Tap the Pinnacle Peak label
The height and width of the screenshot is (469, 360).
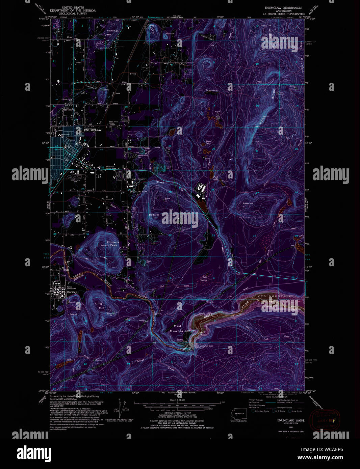pyautogui.click(x=113, y=244)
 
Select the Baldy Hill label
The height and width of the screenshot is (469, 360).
pyautogui.click(x=154, y=215)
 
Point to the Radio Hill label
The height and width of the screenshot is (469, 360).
pyautogui.click(x=248, y=203)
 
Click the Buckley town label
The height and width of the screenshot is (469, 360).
pyautogui.click(x=72, y=292)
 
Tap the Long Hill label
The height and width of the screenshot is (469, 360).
pyautogui.click(x=98, y=306)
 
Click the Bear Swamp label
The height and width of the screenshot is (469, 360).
pyautogui.click(x=204, y=278)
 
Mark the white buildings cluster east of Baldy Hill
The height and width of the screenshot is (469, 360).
pyautogui.click(x=202, y=188)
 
